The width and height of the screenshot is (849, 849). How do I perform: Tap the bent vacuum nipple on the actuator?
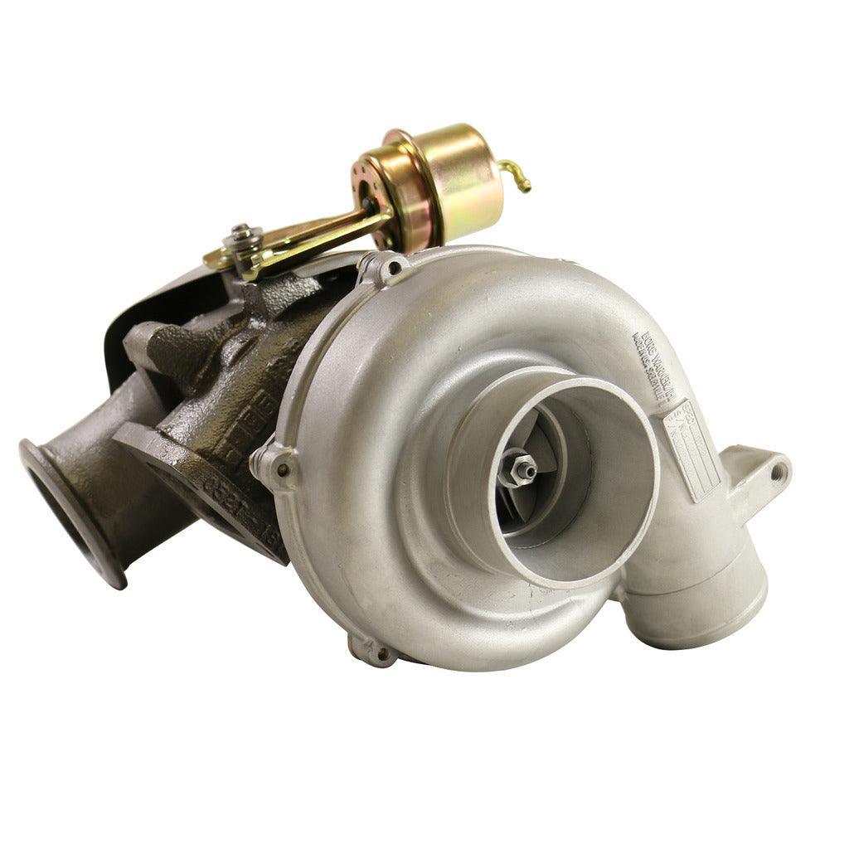(516, 176)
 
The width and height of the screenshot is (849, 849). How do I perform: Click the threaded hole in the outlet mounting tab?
(778, 473)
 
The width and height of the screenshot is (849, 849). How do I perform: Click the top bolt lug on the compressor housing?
(383, 267)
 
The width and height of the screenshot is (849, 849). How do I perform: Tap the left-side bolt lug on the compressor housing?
(274, 467)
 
